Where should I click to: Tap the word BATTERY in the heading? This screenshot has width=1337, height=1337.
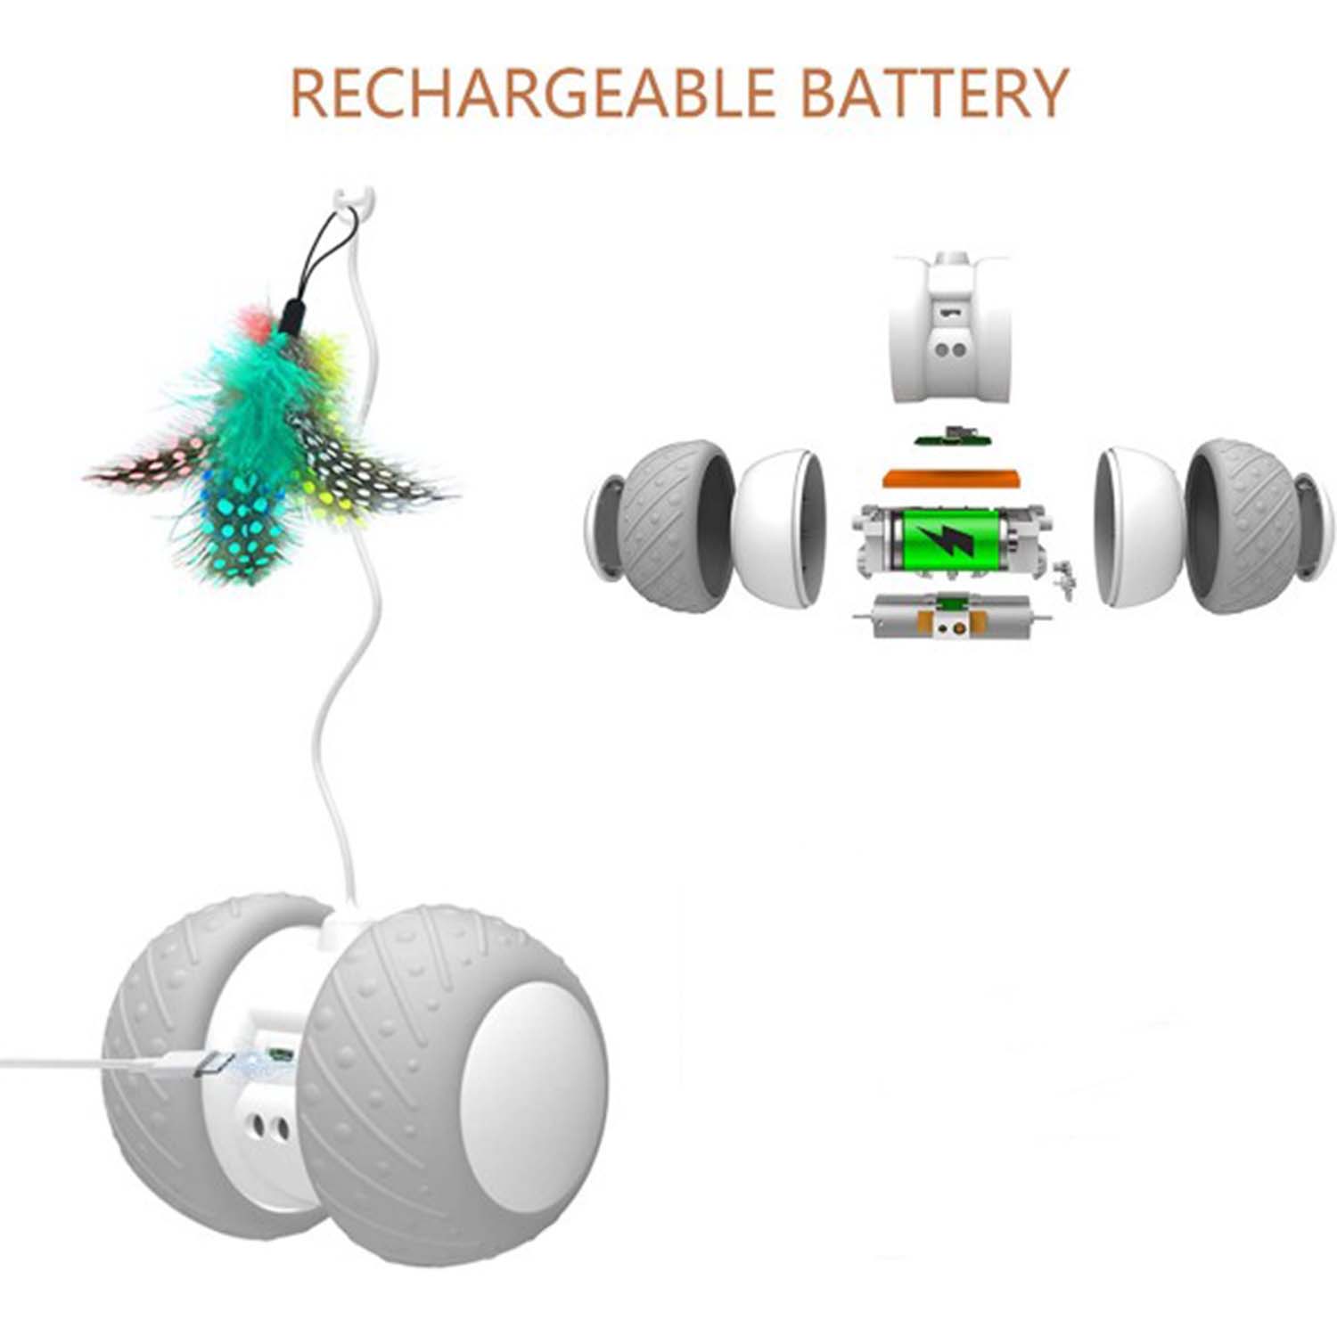click(933, 93)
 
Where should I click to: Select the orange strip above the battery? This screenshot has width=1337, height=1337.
click(950, 477)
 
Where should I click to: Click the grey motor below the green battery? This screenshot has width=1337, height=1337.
click(952, 616)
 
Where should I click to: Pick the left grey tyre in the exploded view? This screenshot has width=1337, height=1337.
click(660, 526)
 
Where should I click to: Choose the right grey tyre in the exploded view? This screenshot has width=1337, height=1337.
click(1257, 526)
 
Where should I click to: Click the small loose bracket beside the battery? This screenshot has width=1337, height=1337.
click(1063, 578)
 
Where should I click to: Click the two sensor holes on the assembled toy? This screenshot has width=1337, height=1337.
click(268, 1128)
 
